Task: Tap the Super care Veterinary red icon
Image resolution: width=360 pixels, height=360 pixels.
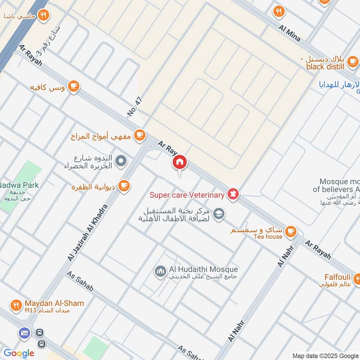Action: tap(233, 195)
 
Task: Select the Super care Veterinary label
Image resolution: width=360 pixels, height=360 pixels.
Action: tap(187, 195)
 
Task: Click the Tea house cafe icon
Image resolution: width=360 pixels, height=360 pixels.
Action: tap(291, 231)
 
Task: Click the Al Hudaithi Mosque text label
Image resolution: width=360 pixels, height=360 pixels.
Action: tap(203, 270)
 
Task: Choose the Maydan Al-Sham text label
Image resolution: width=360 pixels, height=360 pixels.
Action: tap(54, 303)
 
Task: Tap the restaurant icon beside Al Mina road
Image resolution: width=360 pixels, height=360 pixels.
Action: tap(279, 11)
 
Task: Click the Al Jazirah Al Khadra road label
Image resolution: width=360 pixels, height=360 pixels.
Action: tap(88, 232)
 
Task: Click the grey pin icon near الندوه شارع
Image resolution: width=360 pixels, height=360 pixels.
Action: tap(121, 160)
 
